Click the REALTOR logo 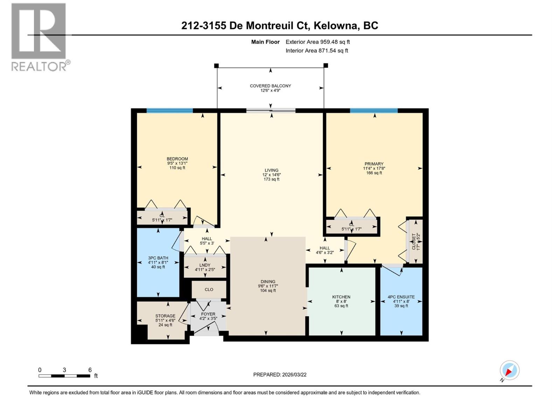(x=39, y=37)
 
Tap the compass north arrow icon (x=509, y=370)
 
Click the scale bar (x=64, y=376)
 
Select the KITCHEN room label (x=341, y=297)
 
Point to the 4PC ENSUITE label (x=401, y=297)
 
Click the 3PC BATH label (x=158, y=258)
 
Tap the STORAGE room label (x=165, y=316)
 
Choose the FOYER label (x=208, y=314)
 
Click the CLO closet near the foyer (x=209, y=289)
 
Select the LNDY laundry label (x=205, y=265)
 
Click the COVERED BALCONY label (x=270, y=86)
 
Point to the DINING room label (x=268, y=281)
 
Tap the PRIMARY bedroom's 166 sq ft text (x=374, y=173)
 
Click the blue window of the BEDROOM (x=170, y=111)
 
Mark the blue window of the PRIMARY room (x=373, y=111)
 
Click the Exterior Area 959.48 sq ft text (x=317, y=42)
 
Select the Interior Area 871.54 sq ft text (x=317, y=50)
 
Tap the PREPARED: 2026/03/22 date (x=280, y=374)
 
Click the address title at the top (x=280, y=26)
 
